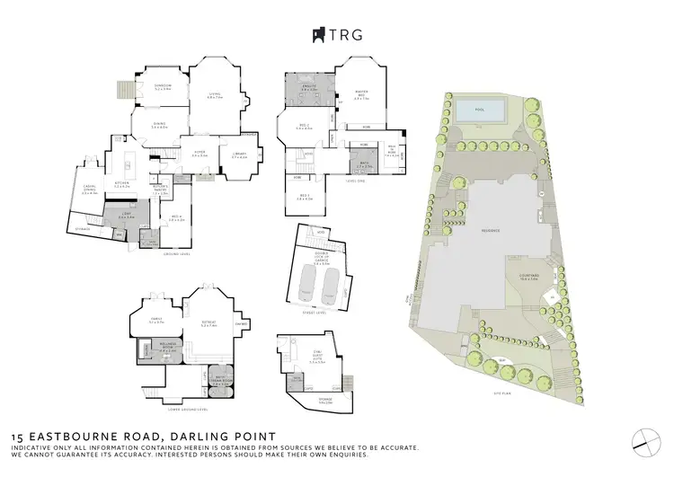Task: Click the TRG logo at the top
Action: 336,35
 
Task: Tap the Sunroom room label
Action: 163,86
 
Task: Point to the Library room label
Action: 239,157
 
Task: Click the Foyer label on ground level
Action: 200,153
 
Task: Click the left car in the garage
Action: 307,287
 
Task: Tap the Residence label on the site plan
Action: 490,231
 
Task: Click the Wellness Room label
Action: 148,349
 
